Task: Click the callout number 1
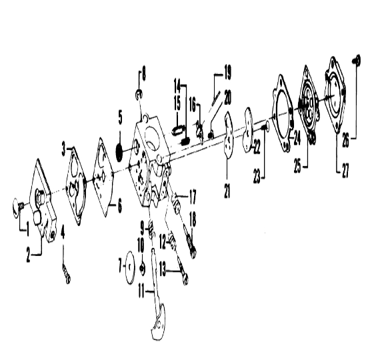(27, 230)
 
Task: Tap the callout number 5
(120, 117)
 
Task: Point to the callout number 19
(227, 73)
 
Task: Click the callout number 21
(227, 190)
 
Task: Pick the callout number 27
(345, 170)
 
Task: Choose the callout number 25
(298, 166)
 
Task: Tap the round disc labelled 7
(130, 267)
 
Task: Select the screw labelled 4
(67, 273)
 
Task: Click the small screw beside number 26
(357, 60)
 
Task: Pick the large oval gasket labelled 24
(283, 113)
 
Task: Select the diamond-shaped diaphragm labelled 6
(103, 177)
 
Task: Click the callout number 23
(257, 177)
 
